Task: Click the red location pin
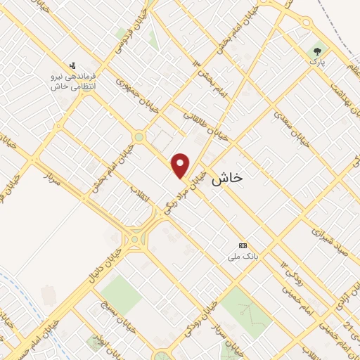(181, 165)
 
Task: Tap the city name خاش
(226, 179)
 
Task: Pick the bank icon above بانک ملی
(243, 245)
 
